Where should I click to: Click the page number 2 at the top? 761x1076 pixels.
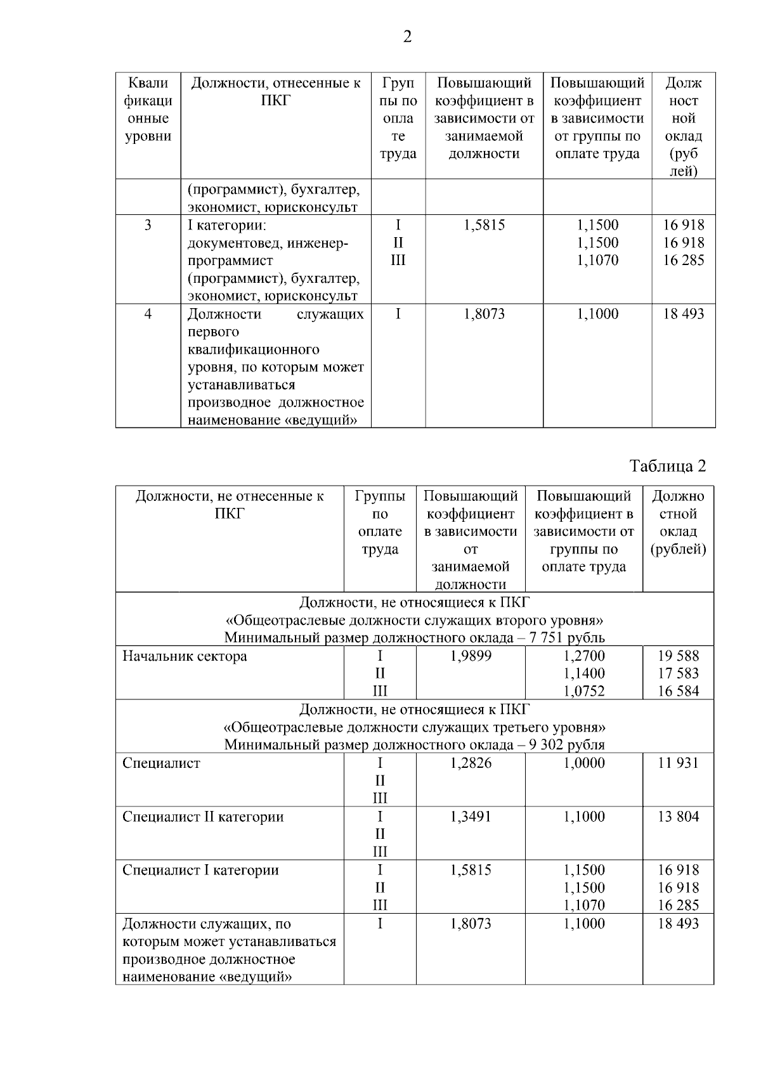pyautogui.click(x=407, y=37)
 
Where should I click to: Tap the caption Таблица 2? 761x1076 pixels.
pyautogui.click(x=667, y=466)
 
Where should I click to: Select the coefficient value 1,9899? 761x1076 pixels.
pyautogui.click(x=471, y=656)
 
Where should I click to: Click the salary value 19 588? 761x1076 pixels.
pyautogui.click(x=678, y=656)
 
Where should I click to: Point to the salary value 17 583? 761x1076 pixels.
pyautogui.click(x=678, y=673)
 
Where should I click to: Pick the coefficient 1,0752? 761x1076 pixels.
pyautogui.click(x=584, y=691)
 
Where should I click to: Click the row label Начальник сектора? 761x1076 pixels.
pyautogui.click(x=185, y=656)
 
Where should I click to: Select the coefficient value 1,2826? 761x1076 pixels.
pyautogui.click(x=471, y=763)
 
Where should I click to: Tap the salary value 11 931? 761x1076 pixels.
pyautogui.click(x=678, y=763)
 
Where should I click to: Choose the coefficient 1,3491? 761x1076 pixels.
pyautogui.click(x=471, y=817)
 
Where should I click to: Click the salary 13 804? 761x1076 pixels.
pyautogui.click(x=678, y=817)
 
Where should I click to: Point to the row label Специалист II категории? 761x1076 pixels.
pyautogui.click(x=203, y=817)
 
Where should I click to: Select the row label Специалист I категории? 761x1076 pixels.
pyautogui.click(x=200, y=870)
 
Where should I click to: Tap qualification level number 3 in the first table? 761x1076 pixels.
pyautogui.click(x=148, y=225)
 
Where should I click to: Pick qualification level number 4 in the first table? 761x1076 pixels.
pyautogui.click(x=148, y=314)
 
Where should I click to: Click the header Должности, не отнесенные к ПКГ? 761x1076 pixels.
pyautogui.click(x=230, y=504)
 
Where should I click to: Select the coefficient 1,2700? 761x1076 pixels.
pyautogui.click(x=584, y=656)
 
